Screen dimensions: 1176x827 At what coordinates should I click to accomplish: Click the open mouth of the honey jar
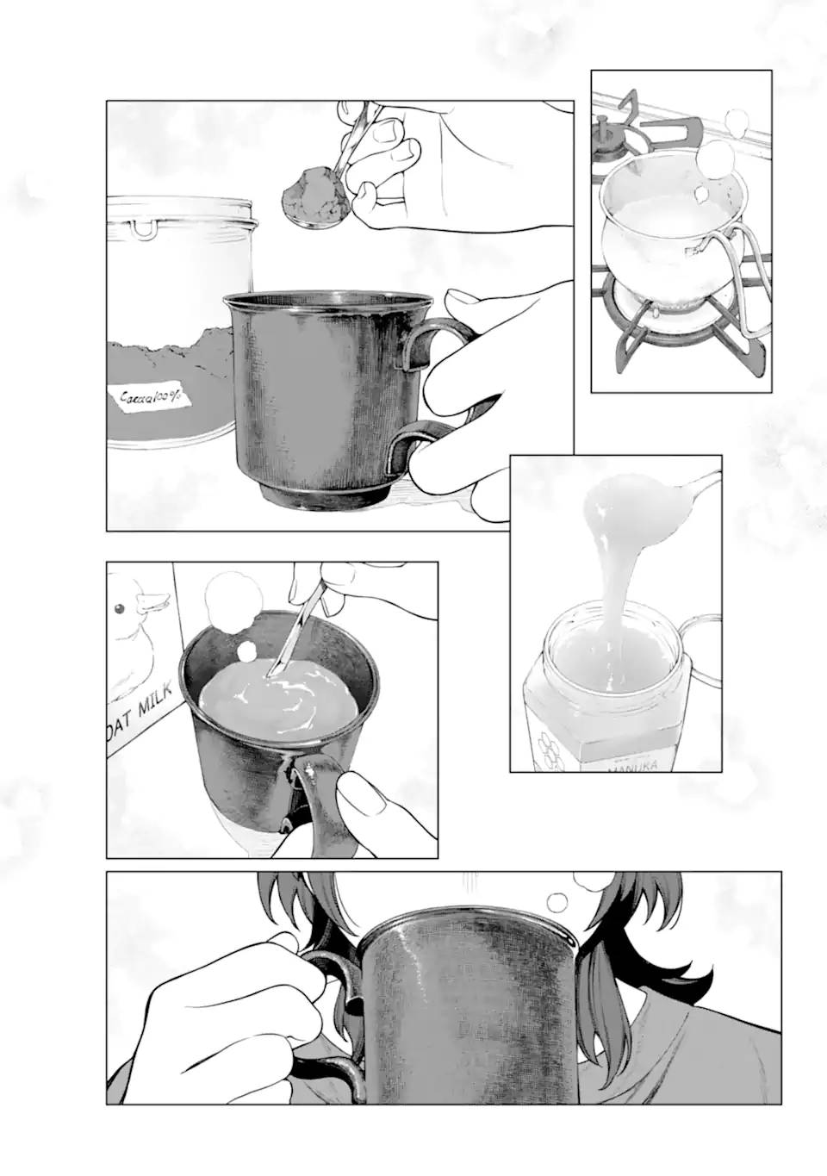coord(607,659)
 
